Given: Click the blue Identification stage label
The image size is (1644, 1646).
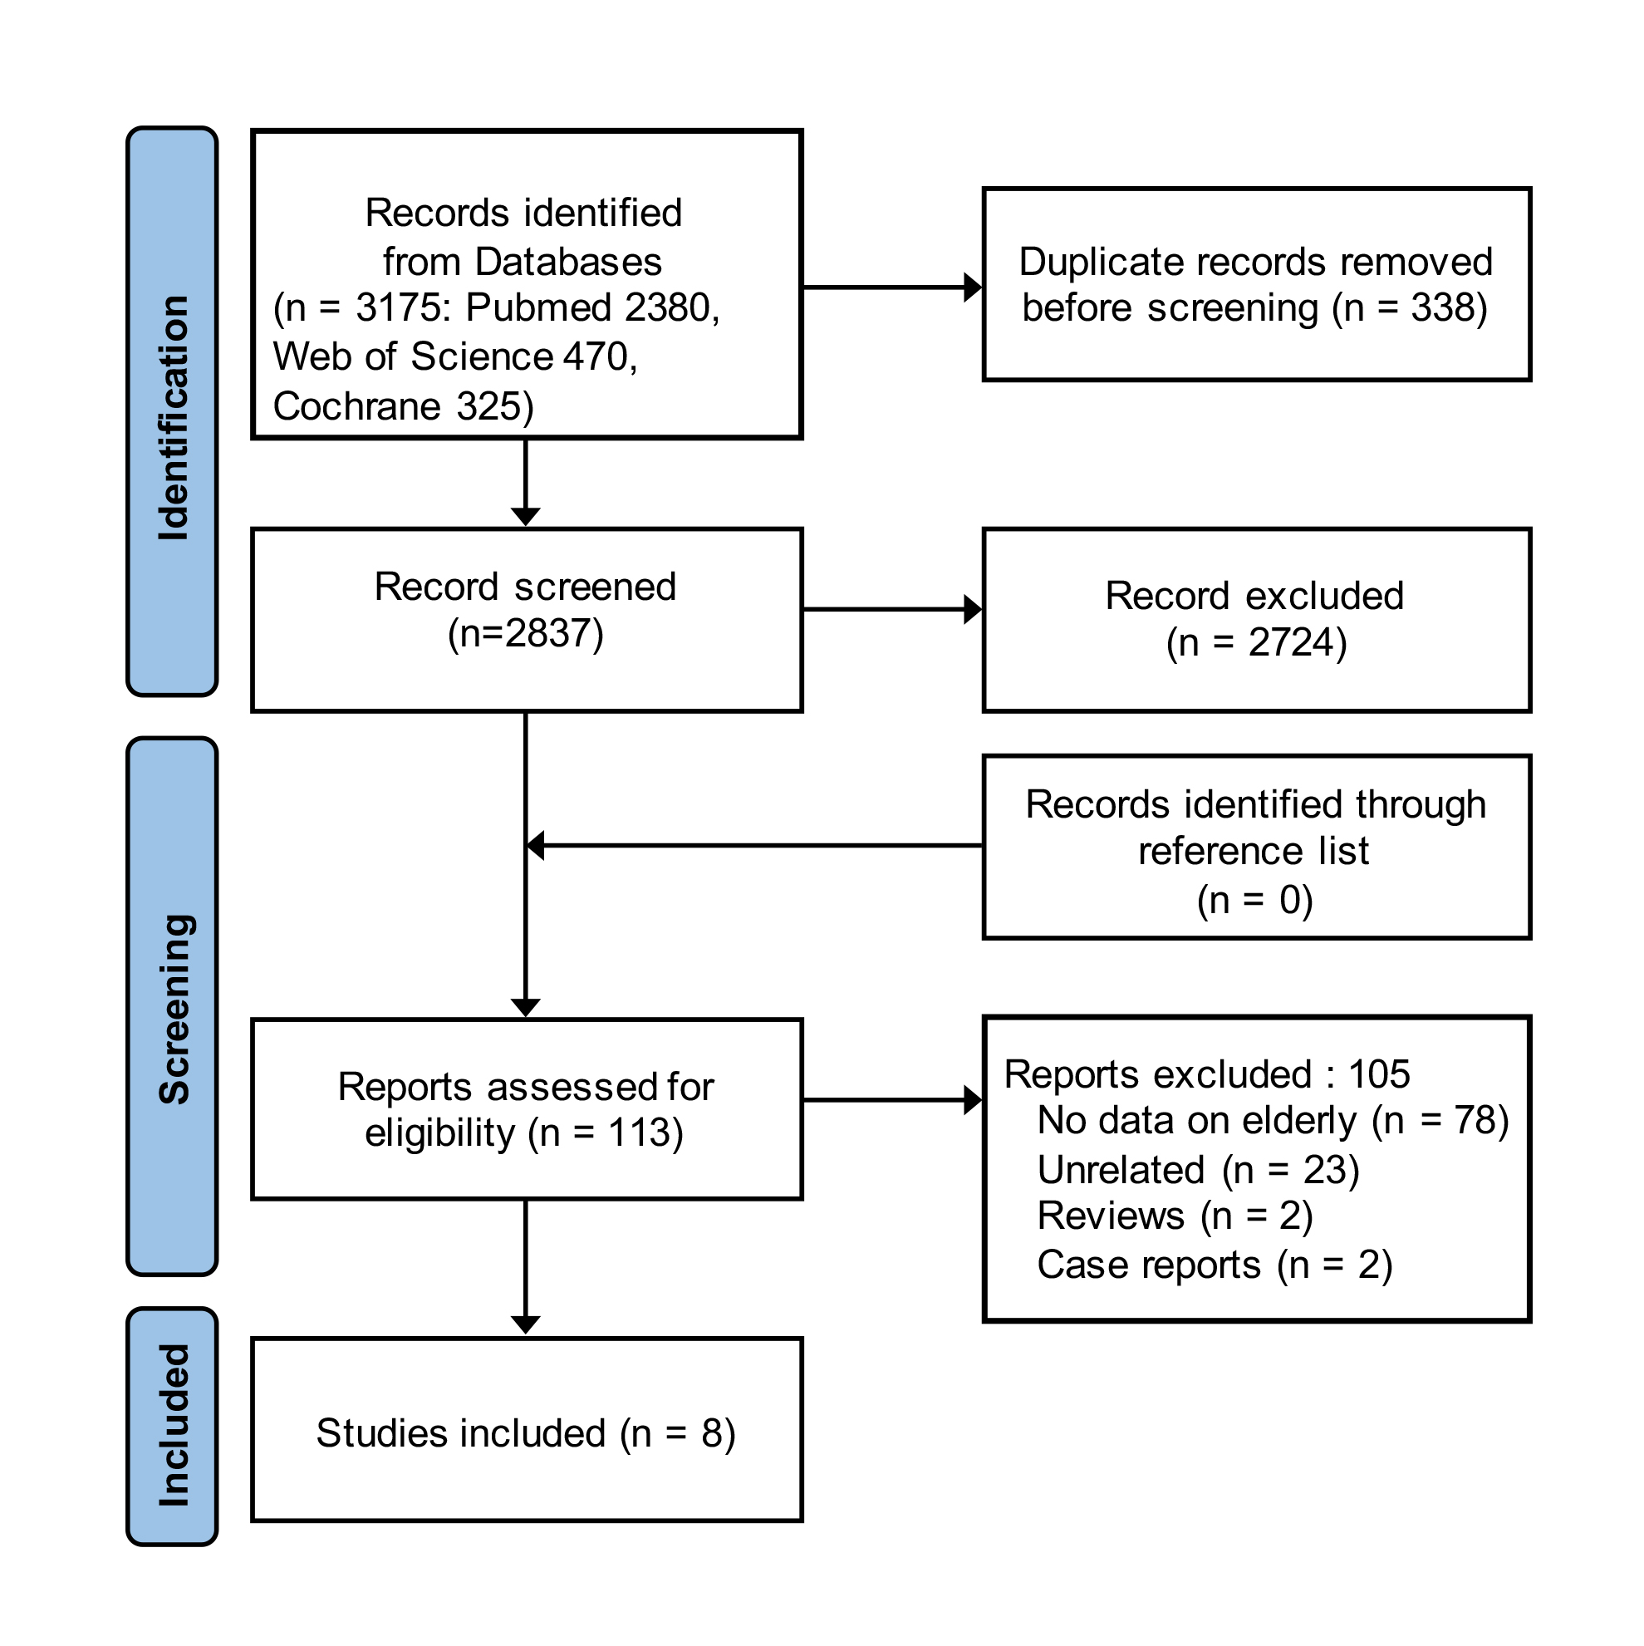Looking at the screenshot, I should pos(173,410).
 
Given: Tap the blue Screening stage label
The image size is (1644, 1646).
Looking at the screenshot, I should pos(173,1006).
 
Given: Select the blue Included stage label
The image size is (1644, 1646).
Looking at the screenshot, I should pos(173,1424).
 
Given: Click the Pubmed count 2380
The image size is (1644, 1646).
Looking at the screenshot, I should pos(667,307).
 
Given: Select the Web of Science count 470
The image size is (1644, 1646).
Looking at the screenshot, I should pos(596,357).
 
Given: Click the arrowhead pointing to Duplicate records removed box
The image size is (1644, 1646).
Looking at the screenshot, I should pos(972,287).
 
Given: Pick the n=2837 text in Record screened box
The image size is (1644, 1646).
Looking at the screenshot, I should pos(526,634).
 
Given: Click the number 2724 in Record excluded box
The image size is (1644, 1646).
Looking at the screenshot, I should pos(1290,642).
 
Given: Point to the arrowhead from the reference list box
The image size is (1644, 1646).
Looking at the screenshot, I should pos(536,845).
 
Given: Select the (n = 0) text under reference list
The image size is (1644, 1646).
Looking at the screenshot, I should pos(1254,900).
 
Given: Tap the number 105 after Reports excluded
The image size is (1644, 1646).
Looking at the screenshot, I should pos(1378,1074).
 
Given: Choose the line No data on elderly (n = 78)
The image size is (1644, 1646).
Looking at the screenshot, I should pos(1273,1120).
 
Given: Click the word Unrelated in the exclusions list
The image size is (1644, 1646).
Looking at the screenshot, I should pos(1121,1170).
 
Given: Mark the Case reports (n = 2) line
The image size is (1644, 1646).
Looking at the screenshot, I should pos(1214,1265).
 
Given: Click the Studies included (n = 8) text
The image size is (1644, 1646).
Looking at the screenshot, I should pos(526,1433).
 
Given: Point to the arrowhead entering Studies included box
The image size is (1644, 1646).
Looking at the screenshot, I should pos(526,1324).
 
